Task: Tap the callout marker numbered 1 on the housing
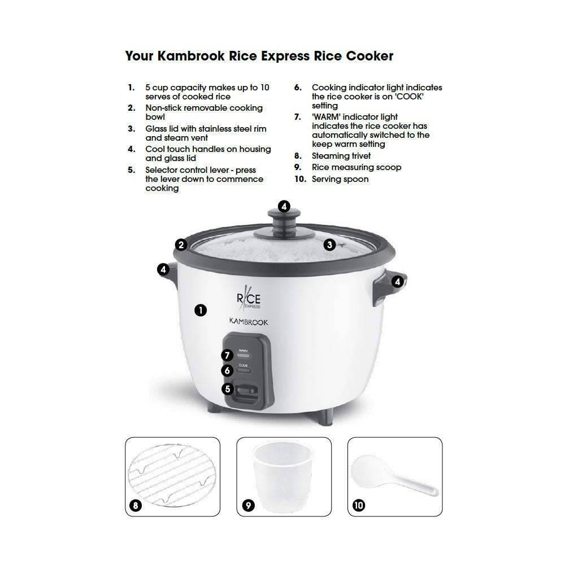point(200,310)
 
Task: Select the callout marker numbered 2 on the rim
point(181,245)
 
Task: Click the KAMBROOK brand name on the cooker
point(248,320)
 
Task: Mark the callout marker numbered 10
point(359,505)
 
